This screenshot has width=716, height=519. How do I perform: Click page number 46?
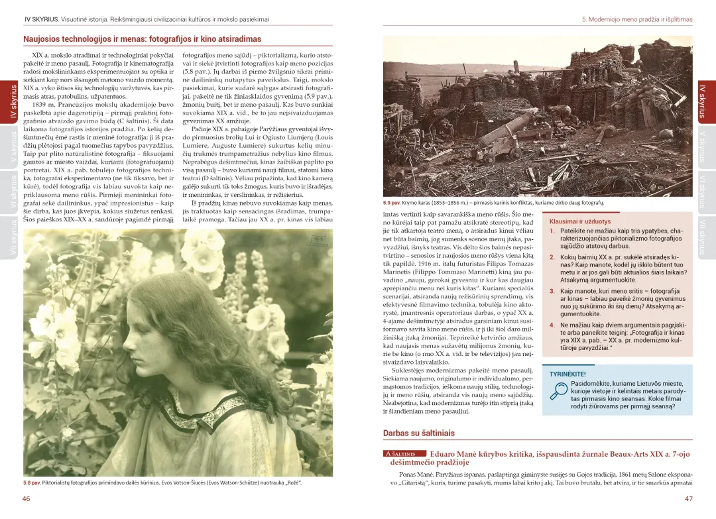point(26,498)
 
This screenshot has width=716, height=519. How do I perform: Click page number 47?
point(688,498)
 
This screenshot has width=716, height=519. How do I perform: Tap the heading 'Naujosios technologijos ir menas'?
point(142,39)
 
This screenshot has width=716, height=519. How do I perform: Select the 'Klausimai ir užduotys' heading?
point(580,221)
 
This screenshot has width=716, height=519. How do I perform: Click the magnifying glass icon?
point(558,392)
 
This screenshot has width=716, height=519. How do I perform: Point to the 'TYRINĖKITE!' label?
point(567,374)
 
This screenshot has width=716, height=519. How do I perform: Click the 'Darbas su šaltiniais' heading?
point(418,433)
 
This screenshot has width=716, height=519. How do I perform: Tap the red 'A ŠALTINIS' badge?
point(404,454)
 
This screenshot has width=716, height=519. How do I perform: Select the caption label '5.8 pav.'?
point(31,483)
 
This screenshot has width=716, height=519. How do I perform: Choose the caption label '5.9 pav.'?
point(392,203)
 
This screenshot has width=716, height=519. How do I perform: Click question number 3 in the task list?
point(552,291)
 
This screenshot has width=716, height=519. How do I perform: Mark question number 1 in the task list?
point(552,231)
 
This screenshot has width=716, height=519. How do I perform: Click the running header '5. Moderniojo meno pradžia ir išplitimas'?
point(636,20)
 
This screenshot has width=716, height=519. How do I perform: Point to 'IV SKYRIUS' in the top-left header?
point(40,20)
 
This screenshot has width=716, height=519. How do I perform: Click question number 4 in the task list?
point(552,325)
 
